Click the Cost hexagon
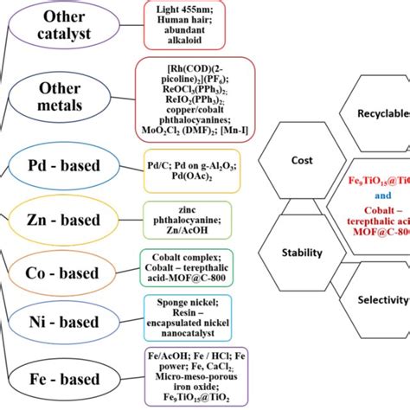pos(302,161)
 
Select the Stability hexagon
pos(302,253)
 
